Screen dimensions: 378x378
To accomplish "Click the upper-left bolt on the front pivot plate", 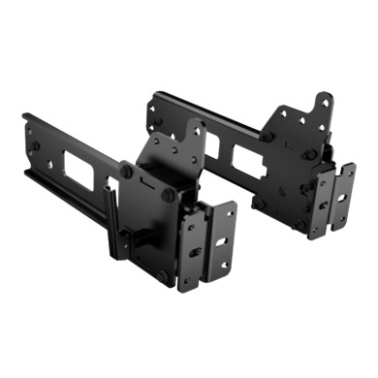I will tap(127, 171).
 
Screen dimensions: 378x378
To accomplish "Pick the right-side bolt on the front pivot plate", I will tap(173, 193).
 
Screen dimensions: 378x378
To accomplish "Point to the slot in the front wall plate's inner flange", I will tap(195, 251).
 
